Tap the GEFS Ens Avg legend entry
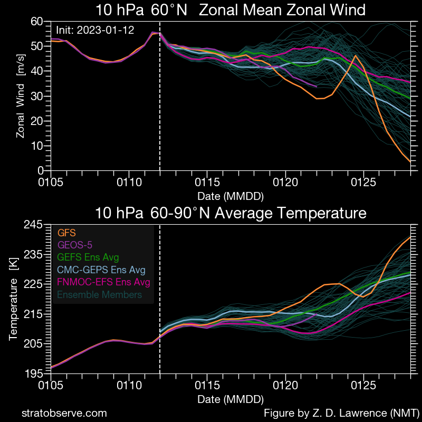(88, 257)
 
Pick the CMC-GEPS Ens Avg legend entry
(100, 270)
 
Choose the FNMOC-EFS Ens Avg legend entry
(104, 282)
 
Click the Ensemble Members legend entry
(100, 294)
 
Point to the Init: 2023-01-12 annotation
(95, 30)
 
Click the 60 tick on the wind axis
(37, 21)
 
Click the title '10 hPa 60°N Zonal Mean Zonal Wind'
(231, 10)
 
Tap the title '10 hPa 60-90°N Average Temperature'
(231, 213)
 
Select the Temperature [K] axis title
(13, 299)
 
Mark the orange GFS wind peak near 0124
(356, 55)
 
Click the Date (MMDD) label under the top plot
(231, 196)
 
